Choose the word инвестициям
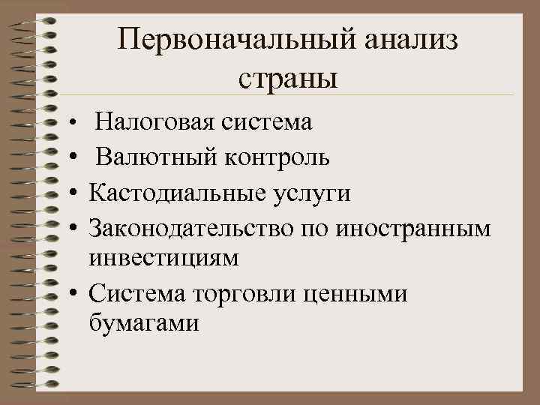coord(163,258)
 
